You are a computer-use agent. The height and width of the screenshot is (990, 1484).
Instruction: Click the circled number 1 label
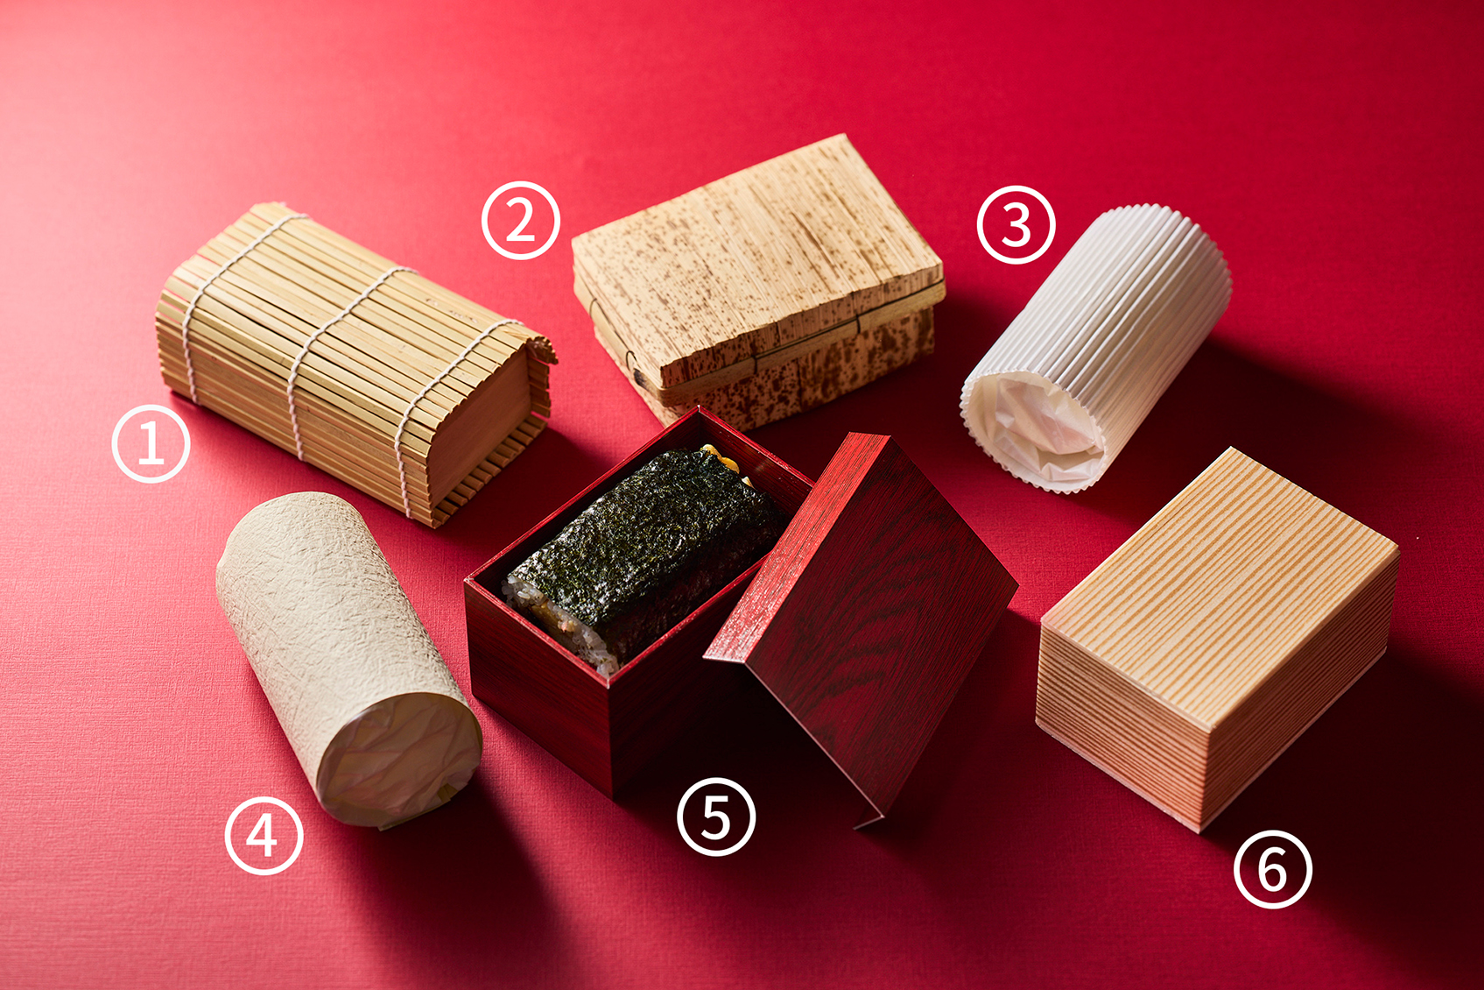(x=151, y=443)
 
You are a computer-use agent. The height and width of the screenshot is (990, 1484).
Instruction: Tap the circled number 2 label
(x=521, y=220)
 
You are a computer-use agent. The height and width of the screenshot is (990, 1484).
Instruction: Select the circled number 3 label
(x=1016, y=225)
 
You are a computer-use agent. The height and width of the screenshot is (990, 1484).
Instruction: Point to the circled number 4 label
(x=264, y=836)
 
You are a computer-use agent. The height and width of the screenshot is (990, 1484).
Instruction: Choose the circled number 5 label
(x=716, y=817)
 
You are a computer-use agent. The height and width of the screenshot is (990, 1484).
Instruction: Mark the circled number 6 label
(x=1273, y=868)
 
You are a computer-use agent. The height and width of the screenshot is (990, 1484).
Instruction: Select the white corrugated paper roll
(x=1096, y=348)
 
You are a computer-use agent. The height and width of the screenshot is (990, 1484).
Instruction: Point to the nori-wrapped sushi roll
(x=646, y=557)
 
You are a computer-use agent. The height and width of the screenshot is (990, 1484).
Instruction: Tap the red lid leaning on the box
(x=862, y=617)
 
